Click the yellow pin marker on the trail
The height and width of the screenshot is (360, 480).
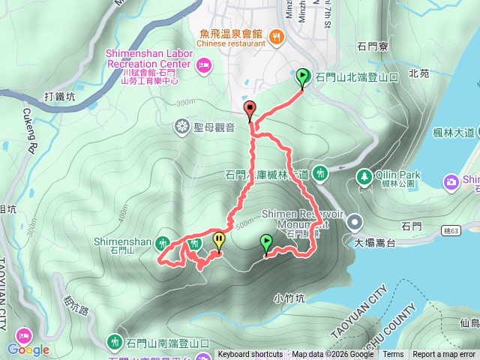218,240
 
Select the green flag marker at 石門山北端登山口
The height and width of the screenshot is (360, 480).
302,76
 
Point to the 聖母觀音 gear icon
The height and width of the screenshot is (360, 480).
181,126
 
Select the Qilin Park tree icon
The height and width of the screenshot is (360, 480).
364,175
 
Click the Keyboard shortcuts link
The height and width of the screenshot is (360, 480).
250,355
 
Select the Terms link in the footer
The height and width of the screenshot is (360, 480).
393,355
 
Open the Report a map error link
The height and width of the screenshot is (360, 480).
443,355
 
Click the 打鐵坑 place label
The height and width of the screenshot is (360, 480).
60,97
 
